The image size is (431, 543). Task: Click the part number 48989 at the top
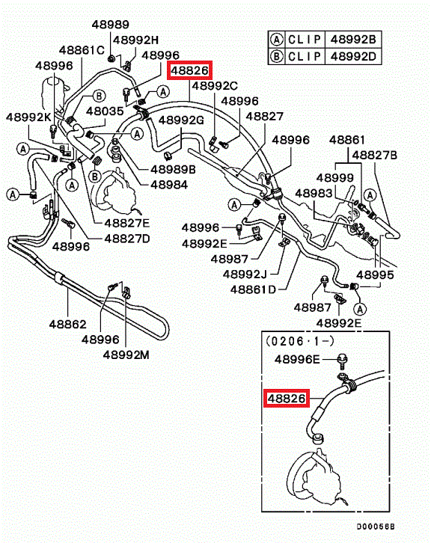point(111,25)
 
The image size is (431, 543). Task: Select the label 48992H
point(136,40)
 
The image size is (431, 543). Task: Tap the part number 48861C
point(82,50)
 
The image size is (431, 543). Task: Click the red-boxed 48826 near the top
point(190,70)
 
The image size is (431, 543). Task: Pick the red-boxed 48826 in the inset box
point(287,399)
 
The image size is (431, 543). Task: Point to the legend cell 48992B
point(353,39)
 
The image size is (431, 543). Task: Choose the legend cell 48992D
point(353,56)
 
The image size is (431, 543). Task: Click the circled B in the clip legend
point(276,56)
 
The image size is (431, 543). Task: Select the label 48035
point(105,111)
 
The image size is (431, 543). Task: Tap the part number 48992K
point(29,117)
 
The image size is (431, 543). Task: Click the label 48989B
point(174,169)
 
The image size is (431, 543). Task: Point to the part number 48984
point(169,185)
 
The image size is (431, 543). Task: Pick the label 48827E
point(127,223)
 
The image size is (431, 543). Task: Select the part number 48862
point(68,325)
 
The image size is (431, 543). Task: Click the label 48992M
point(126,355)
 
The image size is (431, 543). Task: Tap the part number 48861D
point(253,289)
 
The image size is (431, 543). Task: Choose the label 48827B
point(375,155)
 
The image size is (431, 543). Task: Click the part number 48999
point(335,178)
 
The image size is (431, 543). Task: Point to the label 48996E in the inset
point(297,360)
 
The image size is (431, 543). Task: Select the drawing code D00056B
point(376,527)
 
